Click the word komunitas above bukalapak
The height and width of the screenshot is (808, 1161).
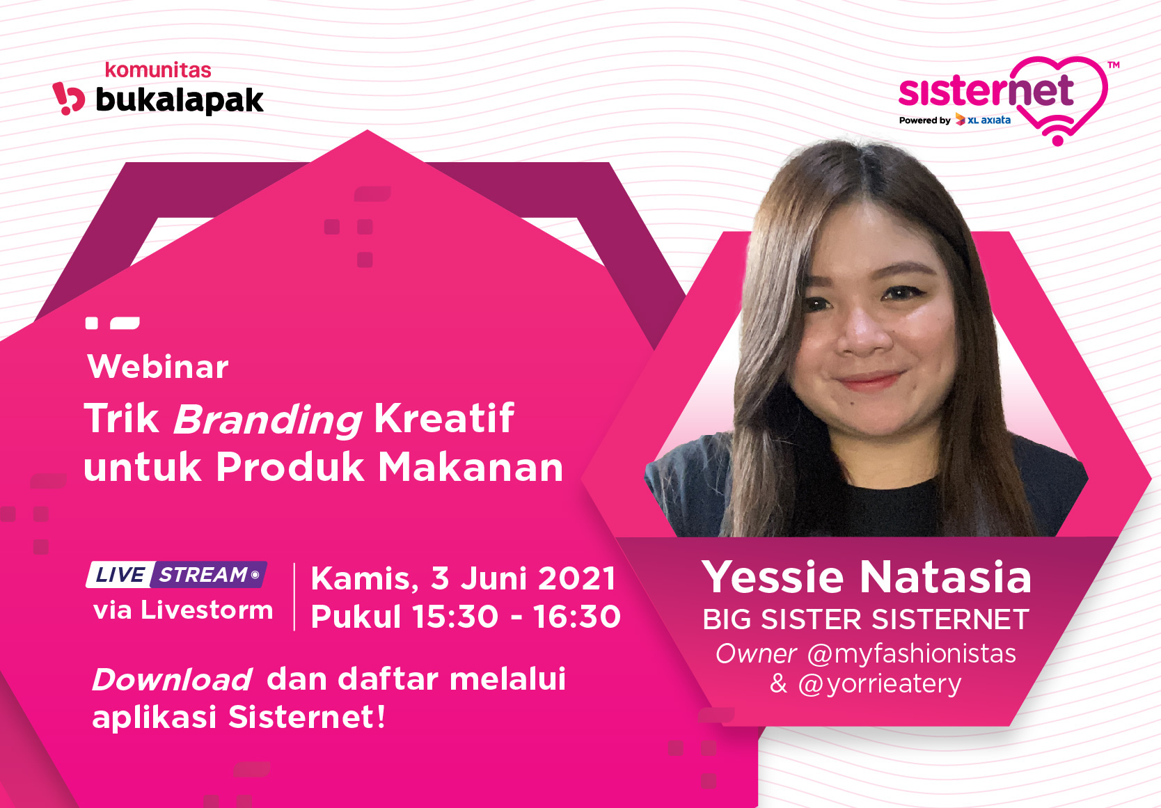(x=158, y=70)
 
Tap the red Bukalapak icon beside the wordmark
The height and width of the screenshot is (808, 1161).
(x=68, y=98)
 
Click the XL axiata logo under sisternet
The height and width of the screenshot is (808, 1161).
(x=983, y=120)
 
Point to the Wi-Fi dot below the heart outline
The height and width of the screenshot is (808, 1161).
(x=1057, y=141)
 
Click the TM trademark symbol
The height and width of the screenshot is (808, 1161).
(x=1113, y=65)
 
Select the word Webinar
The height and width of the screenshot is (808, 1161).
(x=158, y=367)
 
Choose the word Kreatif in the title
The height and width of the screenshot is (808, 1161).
(x=444, y=418)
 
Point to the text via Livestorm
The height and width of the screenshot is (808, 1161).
(x=183, y=610)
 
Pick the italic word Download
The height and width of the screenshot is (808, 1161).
(x=172, y=679)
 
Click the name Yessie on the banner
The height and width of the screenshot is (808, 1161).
(x=773, y=577)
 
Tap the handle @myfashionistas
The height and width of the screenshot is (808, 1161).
(x=911, y=654)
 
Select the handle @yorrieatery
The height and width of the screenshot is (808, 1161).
(x=880, y=684)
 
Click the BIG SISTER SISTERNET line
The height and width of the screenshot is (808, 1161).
(x=866, y=619)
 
